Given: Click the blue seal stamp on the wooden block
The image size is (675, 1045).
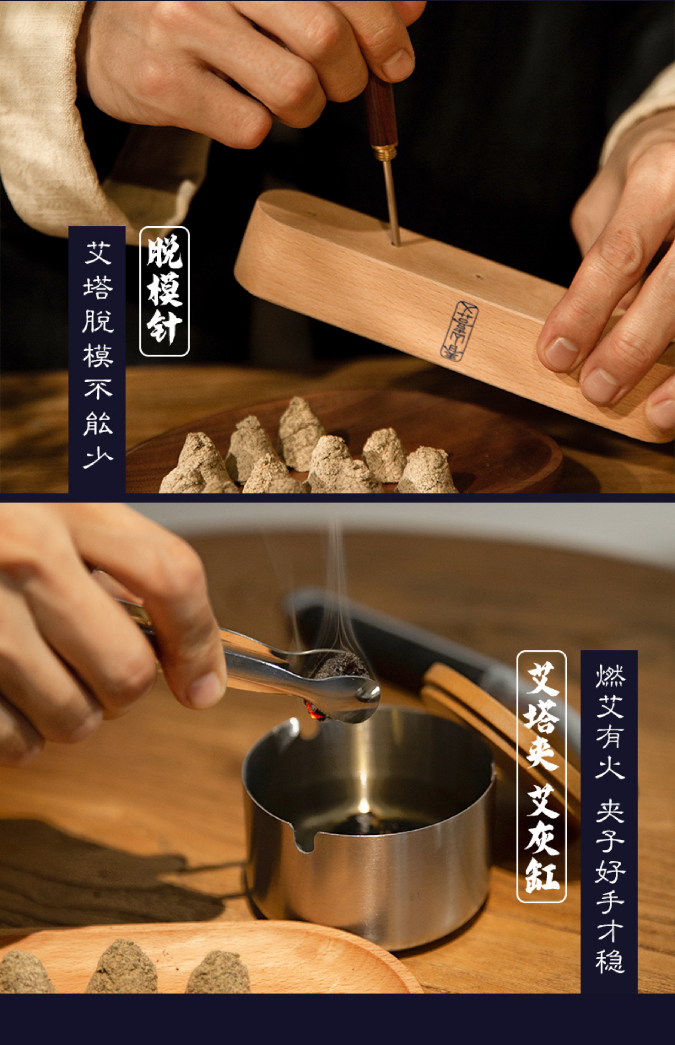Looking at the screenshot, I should tap(459, 331).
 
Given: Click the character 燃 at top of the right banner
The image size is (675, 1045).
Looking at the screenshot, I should tap(609, 676).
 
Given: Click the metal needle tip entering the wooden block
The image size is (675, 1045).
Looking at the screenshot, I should tap(395, 239).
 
